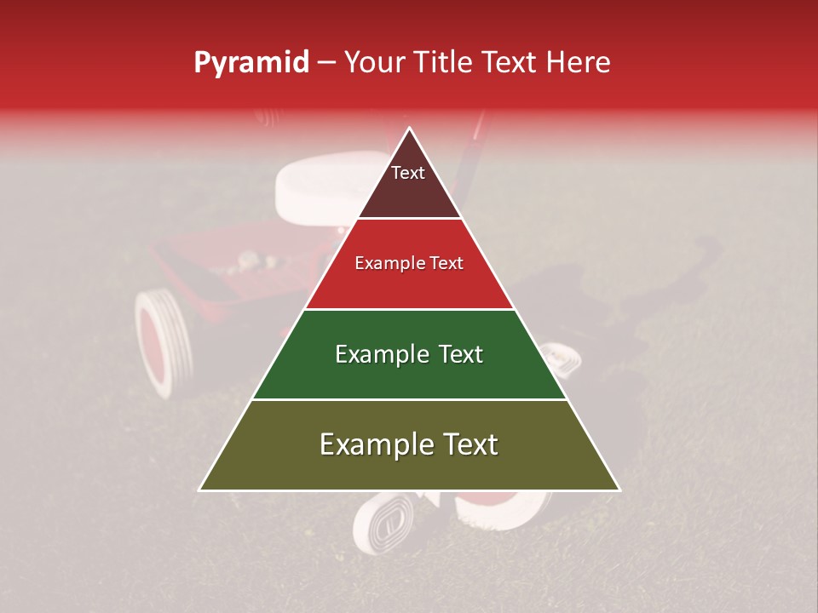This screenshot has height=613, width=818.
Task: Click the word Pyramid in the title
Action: [251, 63]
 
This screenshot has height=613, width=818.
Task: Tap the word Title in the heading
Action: [441, 62]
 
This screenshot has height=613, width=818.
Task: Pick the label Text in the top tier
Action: [408, 173]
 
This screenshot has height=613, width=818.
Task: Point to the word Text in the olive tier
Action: [467, 444]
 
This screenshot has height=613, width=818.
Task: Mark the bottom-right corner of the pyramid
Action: [619, 490]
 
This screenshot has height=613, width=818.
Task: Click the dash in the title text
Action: [325, 64]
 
